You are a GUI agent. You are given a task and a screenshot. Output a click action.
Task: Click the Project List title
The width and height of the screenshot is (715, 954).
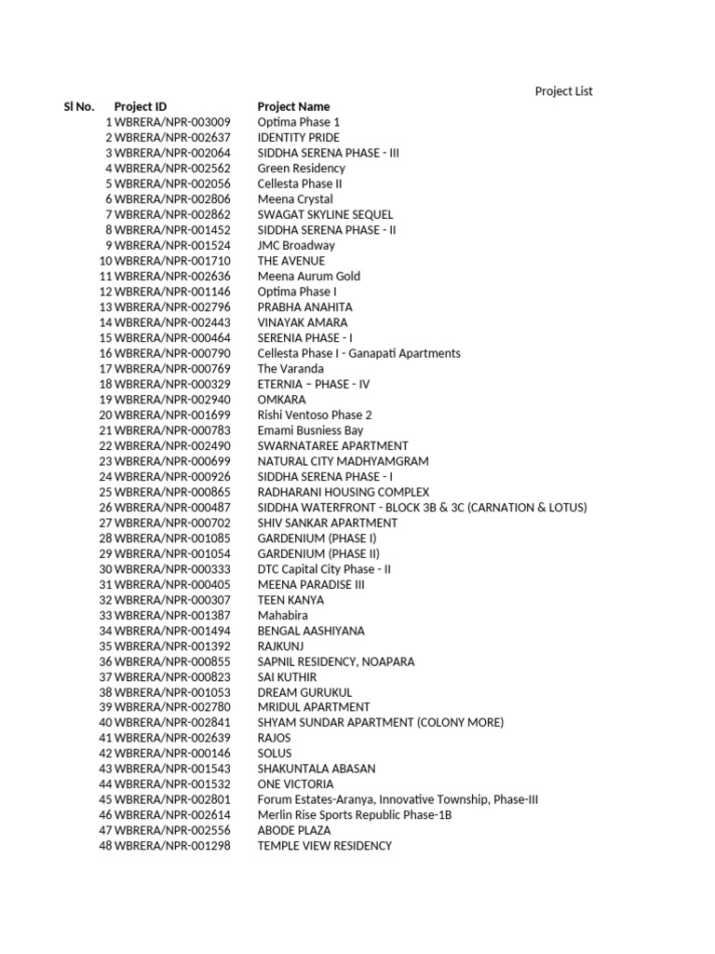pos(563,91)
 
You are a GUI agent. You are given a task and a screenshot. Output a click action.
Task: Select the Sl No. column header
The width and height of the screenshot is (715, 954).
pos(79,107)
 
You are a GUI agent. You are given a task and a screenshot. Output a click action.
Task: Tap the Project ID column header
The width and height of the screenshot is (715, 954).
pos(141,107)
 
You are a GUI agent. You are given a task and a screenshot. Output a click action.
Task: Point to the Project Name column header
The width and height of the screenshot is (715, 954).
pos(293,107)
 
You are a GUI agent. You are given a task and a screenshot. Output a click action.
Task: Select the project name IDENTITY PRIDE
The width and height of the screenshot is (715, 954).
pos(299,138)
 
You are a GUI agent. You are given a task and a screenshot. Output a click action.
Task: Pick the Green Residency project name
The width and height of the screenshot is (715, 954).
pos(301,169)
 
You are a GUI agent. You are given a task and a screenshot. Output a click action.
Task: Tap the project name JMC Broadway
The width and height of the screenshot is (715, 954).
pos(296,246)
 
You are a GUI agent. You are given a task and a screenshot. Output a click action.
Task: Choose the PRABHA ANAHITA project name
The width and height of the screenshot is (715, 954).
pos(304,307)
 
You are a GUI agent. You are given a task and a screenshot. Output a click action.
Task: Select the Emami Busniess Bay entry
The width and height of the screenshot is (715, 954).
pos(310,430)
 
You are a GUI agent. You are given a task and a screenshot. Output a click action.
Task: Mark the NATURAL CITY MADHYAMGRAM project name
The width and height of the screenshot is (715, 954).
pos(343,461)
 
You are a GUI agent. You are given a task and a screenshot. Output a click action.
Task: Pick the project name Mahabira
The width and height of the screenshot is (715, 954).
pos(282,616)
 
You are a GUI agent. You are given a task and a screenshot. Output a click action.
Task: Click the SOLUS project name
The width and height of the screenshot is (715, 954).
pos(275,754)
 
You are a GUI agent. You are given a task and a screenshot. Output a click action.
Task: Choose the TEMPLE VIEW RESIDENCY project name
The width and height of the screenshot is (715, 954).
pos(324,846)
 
